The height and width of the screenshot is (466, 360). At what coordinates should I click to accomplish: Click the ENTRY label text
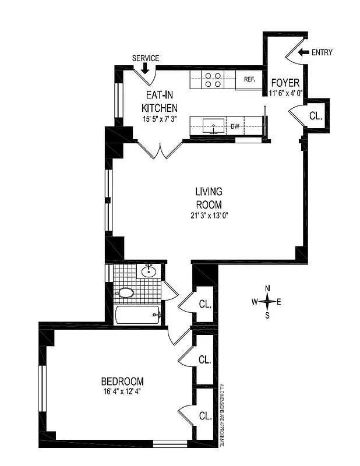click(x=322, y=52)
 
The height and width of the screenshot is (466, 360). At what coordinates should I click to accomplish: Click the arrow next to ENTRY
click(x=303, y=52)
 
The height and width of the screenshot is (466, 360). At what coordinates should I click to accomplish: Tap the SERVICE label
click(x=146, y=58)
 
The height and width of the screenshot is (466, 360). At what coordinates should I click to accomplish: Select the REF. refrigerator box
click(x=249, y=80)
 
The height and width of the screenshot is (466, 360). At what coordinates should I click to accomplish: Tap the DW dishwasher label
click(x=235, y=125)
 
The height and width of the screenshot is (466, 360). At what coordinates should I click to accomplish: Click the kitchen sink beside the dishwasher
click(x=214, y=125)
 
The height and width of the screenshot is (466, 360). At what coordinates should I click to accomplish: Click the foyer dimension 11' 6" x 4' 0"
click(x=286, y=93)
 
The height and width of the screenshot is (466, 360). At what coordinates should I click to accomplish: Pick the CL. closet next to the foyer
click(x=316, y=116)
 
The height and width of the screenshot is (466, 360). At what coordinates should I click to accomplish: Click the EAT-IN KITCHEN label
click(x=160, y=102)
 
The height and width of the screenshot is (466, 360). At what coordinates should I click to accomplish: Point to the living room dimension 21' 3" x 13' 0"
click(x=209, y=215)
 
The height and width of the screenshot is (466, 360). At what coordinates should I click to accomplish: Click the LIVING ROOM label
click(x=209, y=198)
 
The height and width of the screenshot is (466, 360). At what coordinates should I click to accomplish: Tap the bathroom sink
click(x=149, y=271)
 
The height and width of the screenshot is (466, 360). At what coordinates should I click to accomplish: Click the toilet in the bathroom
click(x=125, y=292)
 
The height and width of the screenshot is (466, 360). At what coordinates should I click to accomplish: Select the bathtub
click(x=138, y=315)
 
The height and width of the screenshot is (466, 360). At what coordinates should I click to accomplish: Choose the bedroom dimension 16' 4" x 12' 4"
click(x=120, y=391)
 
